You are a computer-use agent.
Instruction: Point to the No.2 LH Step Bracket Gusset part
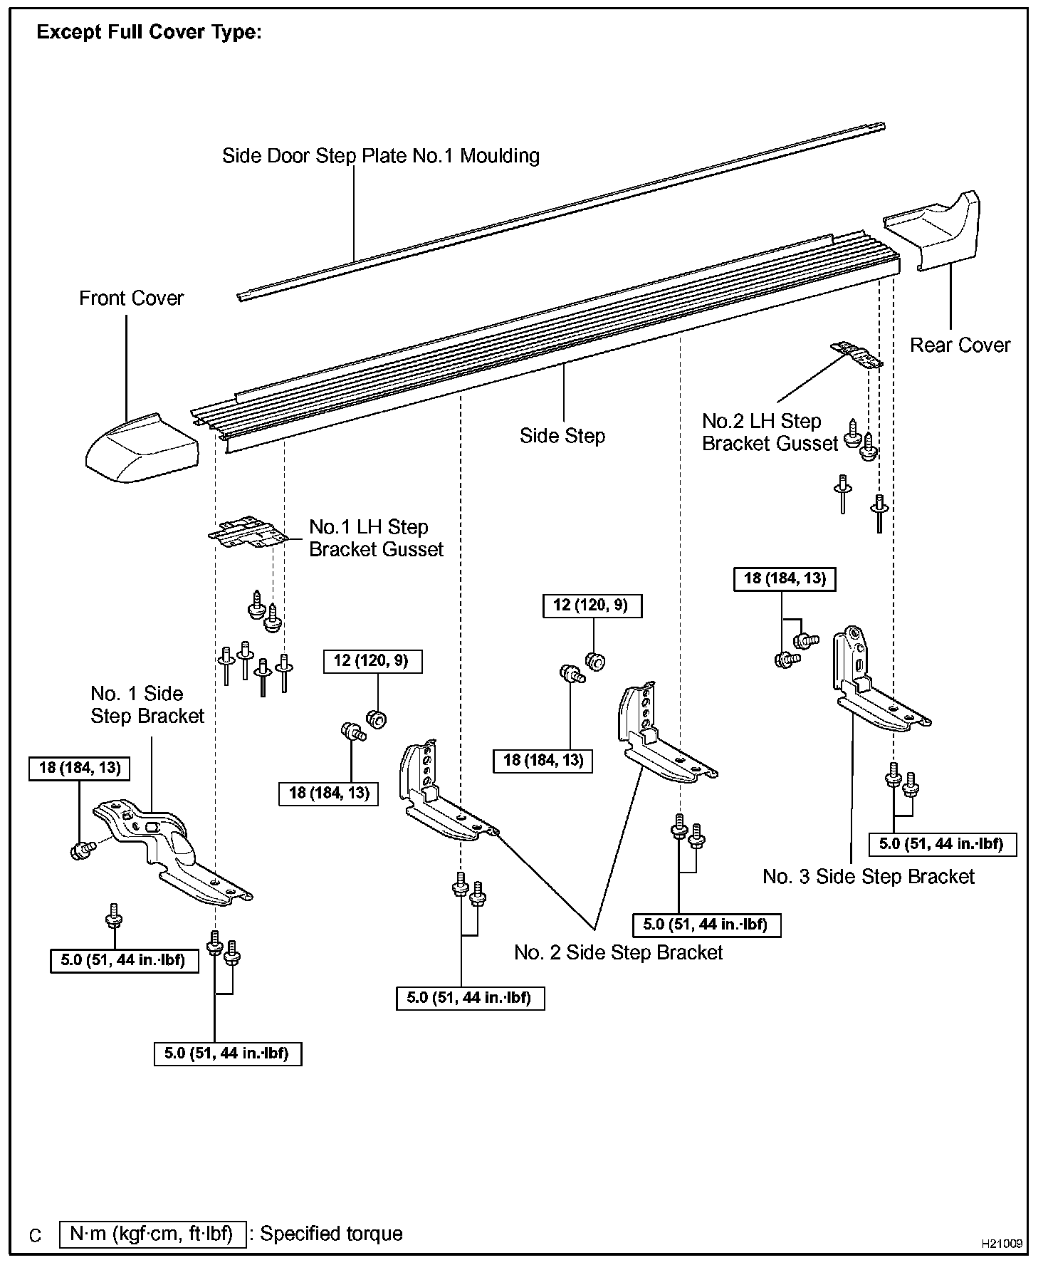(857, 353)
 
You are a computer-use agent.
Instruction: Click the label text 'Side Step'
(562, 436)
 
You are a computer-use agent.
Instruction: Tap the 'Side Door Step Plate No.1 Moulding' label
(380, 156)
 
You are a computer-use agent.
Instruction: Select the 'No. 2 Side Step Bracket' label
(618, 953)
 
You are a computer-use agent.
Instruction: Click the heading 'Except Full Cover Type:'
(149, 33)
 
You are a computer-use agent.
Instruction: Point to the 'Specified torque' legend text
(331, 1234)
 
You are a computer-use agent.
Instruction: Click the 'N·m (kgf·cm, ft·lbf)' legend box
(153, 1234)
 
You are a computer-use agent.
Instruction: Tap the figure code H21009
(1002, 1244)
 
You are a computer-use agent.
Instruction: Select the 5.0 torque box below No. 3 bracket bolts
(941, 844)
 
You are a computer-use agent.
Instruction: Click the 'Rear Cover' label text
(960, 345)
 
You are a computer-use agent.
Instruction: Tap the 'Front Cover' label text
(131, 298)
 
